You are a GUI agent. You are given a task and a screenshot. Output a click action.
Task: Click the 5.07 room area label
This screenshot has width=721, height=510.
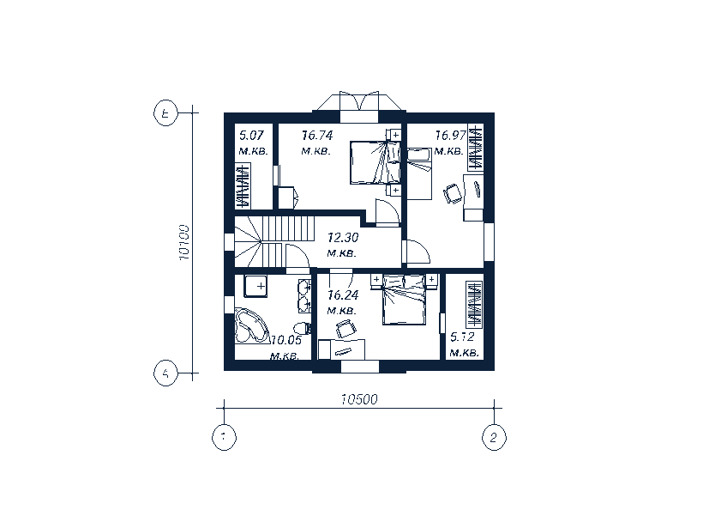[251, 136]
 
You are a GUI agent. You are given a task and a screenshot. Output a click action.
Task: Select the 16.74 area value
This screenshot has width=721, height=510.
[317, 136]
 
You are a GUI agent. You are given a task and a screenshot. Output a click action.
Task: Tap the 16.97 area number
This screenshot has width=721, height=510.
[451, 136]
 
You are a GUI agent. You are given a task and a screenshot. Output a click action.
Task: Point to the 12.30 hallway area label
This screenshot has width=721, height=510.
[343, 238]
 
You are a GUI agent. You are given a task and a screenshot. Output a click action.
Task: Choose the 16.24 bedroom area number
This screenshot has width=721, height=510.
[343, 295]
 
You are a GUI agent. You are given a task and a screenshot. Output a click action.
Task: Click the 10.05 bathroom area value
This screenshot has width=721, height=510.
[286, 341]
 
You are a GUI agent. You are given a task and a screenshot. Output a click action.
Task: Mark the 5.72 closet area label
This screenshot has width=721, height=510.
[462, 337]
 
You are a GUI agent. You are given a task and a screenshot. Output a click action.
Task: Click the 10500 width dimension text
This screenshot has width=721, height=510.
[359, 399]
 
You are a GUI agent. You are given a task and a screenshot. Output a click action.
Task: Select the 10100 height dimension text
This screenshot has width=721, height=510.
[184, 243]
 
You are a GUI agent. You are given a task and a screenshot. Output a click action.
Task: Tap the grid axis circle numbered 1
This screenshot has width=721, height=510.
[224, 437]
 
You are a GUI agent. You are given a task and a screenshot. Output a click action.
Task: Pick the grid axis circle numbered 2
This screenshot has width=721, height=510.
[494, 437]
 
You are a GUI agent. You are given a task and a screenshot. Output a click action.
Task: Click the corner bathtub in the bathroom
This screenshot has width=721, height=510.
[251, 326]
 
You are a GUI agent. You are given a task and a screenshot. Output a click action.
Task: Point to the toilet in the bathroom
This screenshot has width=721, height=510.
[302, 329]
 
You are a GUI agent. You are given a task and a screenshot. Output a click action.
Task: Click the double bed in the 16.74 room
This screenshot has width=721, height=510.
[375, 162]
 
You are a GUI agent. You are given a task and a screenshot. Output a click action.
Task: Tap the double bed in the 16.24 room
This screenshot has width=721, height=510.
[404, 300]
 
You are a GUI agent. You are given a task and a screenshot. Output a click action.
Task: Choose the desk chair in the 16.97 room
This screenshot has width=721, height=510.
[453, 193]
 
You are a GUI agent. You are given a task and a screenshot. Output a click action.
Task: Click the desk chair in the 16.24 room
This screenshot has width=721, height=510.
[345, 329]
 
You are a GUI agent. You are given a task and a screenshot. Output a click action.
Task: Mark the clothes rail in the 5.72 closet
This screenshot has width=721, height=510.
[474, 305]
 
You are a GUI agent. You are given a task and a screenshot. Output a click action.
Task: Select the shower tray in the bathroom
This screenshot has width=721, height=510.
[255, 286]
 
